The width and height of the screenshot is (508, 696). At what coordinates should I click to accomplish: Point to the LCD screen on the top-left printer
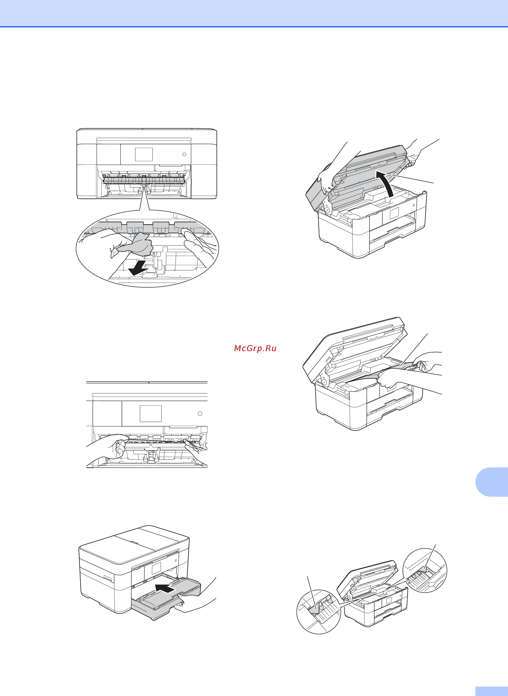click(144, 154)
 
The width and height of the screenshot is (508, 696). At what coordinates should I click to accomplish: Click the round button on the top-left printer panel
click(184, 154)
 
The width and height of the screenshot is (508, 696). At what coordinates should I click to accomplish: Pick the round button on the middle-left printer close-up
click(200, 413)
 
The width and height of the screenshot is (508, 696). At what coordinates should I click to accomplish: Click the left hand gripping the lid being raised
click(326, 182)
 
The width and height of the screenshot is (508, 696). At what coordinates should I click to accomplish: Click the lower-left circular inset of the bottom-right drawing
click(319, 612)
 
